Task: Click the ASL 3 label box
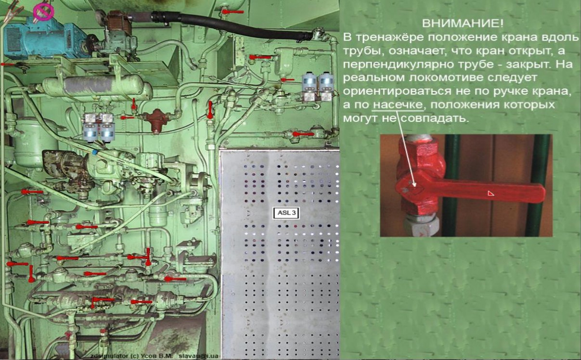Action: tap(286, 213)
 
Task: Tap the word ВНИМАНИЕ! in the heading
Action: tap(463, 24)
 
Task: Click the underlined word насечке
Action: tap(398, 105)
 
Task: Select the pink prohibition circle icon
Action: tap(43, 12)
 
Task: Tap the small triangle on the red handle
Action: tap(491, 193)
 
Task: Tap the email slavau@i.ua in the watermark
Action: tap(198, 356)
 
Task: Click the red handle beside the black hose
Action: tap(232, 12)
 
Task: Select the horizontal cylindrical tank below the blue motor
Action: tap(97, 86)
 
